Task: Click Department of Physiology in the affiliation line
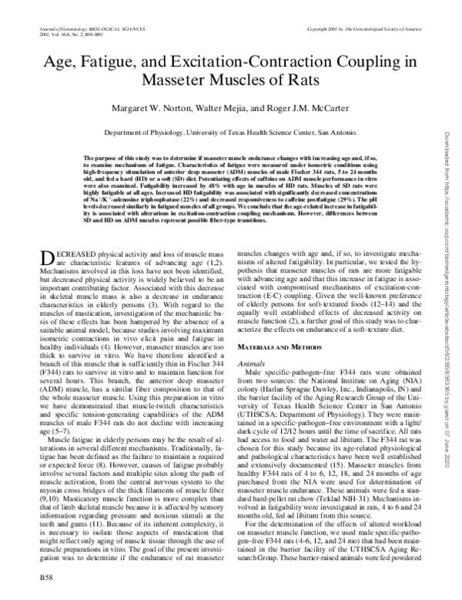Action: pyautogui.click(x=148, y=132)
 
